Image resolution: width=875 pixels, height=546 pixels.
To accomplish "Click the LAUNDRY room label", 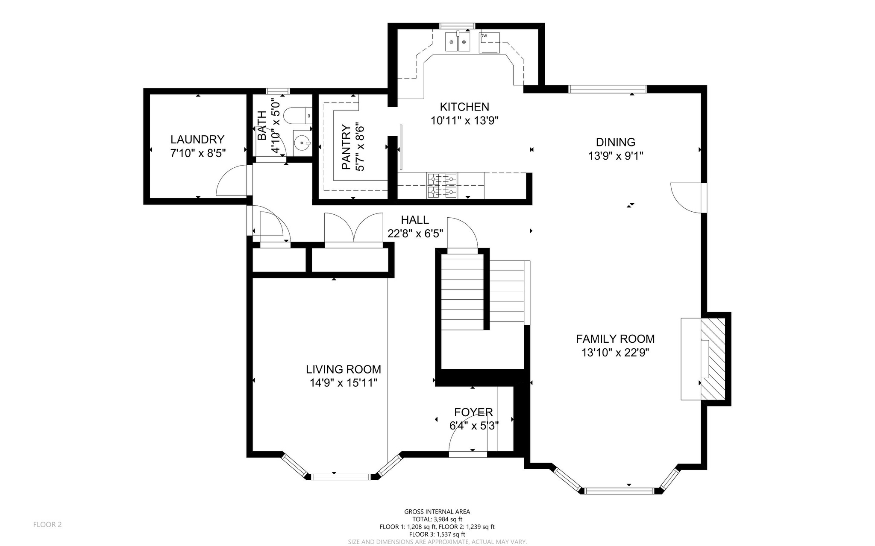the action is [197, 140].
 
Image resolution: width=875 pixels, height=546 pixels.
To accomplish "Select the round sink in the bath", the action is [302, 141].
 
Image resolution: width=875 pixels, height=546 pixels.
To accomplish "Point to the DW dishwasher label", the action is [484, 36].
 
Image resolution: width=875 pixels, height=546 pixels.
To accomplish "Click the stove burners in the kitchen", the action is [442, 185].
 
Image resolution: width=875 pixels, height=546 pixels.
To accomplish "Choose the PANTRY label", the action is [346, 147].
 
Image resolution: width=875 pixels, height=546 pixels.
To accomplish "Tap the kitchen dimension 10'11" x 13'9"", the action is [465, 121].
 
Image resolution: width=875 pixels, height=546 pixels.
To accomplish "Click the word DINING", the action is [616, 142].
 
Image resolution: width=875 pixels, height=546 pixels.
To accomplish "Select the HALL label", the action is [415, 220].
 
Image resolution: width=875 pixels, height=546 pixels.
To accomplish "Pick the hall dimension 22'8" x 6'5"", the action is [415, 234].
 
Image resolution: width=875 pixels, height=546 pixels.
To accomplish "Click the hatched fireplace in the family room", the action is [713, 359].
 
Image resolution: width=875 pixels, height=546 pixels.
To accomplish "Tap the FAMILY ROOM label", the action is [615, 339].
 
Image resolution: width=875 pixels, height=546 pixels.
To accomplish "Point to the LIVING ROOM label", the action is [344, 369].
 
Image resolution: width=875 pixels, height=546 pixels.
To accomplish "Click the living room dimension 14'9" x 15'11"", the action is [344, 383].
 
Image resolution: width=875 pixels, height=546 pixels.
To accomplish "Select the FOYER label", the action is [473, 412].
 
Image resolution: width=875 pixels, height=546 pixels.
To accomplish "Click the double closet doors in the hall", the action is [353, 230].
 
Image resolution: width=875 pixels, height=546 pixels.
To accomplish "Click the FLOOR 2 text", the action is [47, 525].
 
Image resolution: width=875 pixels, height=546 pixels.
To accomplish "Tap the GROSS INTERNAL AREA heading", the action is [437, 511].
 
